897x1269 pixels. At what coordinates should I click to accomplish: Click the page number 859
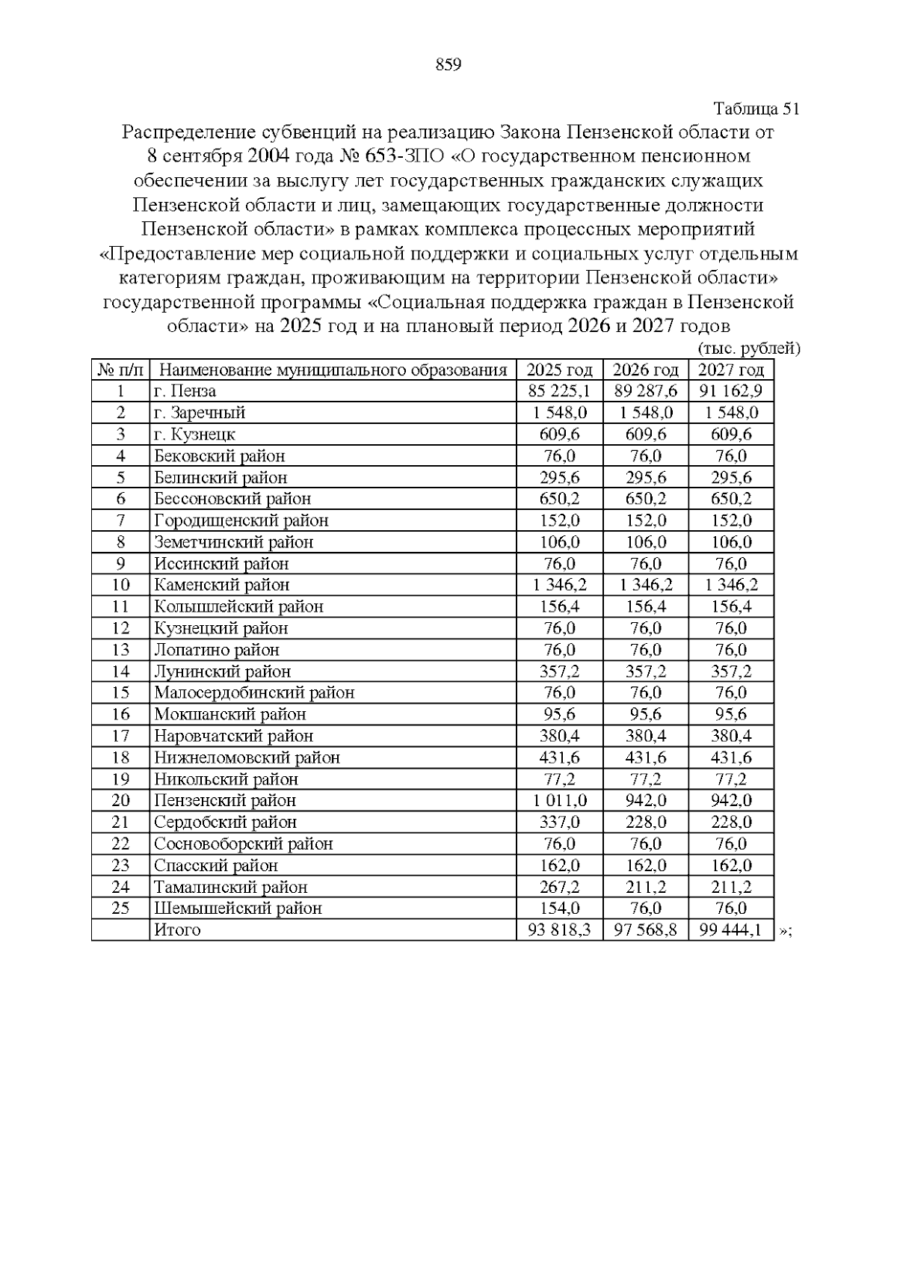448,65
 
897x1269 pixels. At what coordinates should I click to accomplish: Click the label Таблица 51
756,109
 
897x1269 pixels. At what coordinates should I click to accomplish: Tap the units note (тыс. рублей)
748,349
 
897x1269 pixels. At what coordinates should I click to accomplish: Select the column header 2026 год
645,370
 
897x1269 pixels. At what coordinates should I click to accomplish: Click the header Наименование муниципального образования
333,370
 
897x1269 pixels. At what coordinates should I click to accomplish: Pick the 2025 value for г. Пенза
559,391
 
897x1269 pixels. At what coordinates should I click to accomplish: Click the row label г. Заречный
200,413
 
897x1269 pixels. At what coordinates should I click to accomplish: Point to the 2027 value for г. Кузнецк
730,434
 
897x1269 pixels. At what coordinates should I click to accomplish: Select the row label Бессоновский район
232,499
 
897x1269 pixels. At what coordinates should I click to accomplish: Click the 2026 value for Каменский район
645,585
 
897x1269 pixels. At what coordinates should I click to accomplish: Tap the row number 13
120,650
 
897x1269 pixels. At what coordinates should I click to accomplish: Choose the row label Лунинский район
222,672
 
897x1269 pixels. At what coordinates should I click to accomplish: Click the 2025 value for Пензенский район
559,801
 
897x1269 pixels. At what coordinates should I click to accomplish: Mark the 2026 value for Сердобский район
645,823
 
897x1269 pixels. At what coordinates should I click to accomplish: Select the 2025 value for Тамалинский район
559,887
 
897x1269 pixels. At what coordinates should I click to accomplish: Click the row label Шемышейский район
238,909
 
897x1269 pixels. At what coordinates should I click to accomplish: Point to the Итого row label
177,930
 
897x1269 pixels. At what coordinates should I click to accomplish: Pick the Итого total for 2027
730,930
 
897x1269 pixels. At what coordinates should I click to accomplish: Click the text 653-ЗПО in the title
404,157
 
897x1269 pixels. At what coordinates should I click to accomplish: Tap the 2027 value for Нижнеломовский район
730,758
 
